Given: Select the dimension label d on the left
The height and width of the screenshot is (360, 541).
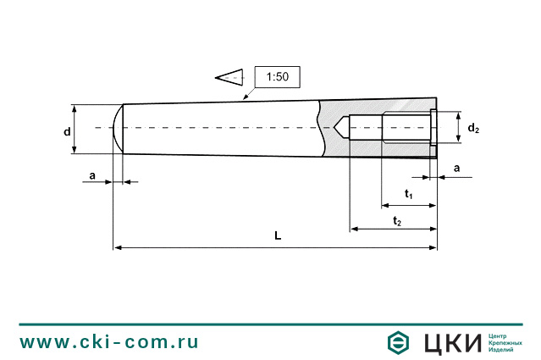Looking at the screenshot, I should click(x=67, y=131).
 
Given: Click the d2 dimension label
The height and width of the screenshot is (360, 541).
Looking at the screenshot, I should click(x=473, y=129).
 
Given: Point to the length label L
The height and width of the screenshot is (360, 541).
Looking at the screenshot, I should click(x=278, y=237).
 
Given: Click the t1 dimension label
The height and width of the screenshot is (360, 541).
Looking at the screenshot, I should click(x=408, y=195).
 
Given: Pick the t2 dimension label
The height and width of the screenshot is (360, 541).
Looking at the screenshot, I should click(x=397, y=220).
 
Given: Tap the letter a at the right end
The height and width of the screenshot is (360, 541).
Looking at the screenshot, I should click(x=457, y=169).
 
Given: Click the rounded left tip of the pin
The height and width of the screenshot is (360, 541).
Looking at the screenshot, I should click(x=119, y=129).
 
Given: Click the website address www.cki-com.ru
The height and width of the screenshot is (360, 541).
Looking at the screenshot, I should click(x=109, y=341).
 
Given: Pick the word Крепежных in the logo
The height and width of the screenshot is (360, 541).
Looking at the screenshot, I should click(x=506, y=342).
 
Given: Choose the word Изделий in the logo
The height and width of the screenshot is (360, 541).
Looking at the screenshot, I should click(x=504, y=350).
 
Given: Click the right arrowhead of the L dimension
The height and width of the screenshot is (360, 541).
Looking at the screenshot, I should click(x=433, y=247).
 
